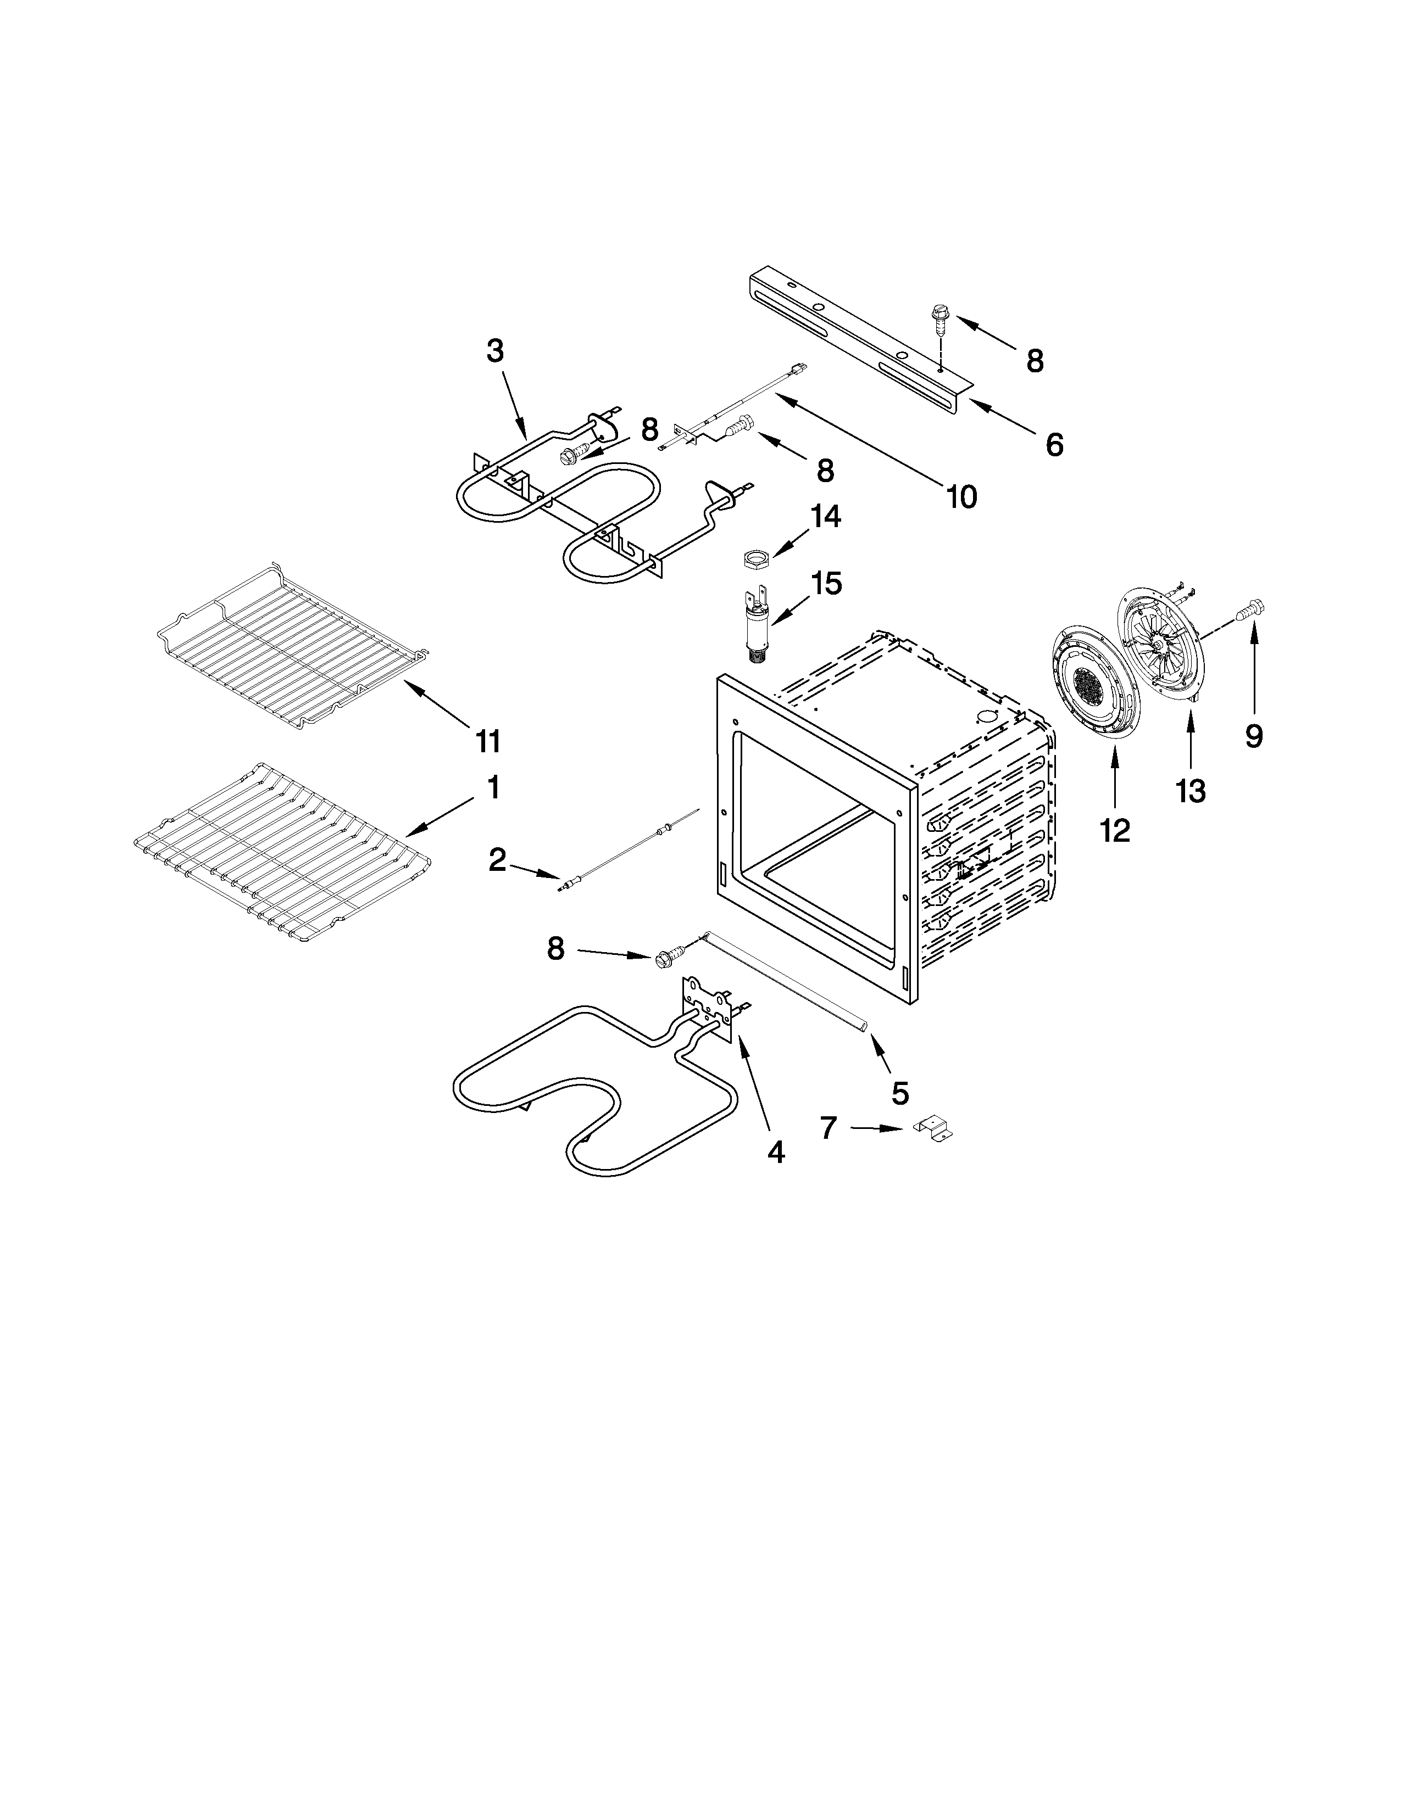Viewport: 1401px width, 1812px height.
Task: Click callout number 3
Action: pyautogui.click(x=494, y=352)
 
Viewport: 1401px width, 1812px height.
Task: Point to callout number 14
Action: pyautogui.click(x=825, y=517)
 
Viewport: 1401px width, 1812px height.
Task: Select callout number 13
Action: pyautogui.click(x=1190, y=791)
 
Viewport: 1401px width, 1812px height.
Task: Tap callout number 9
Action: pyautogui.click(x=1253, y=735)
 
